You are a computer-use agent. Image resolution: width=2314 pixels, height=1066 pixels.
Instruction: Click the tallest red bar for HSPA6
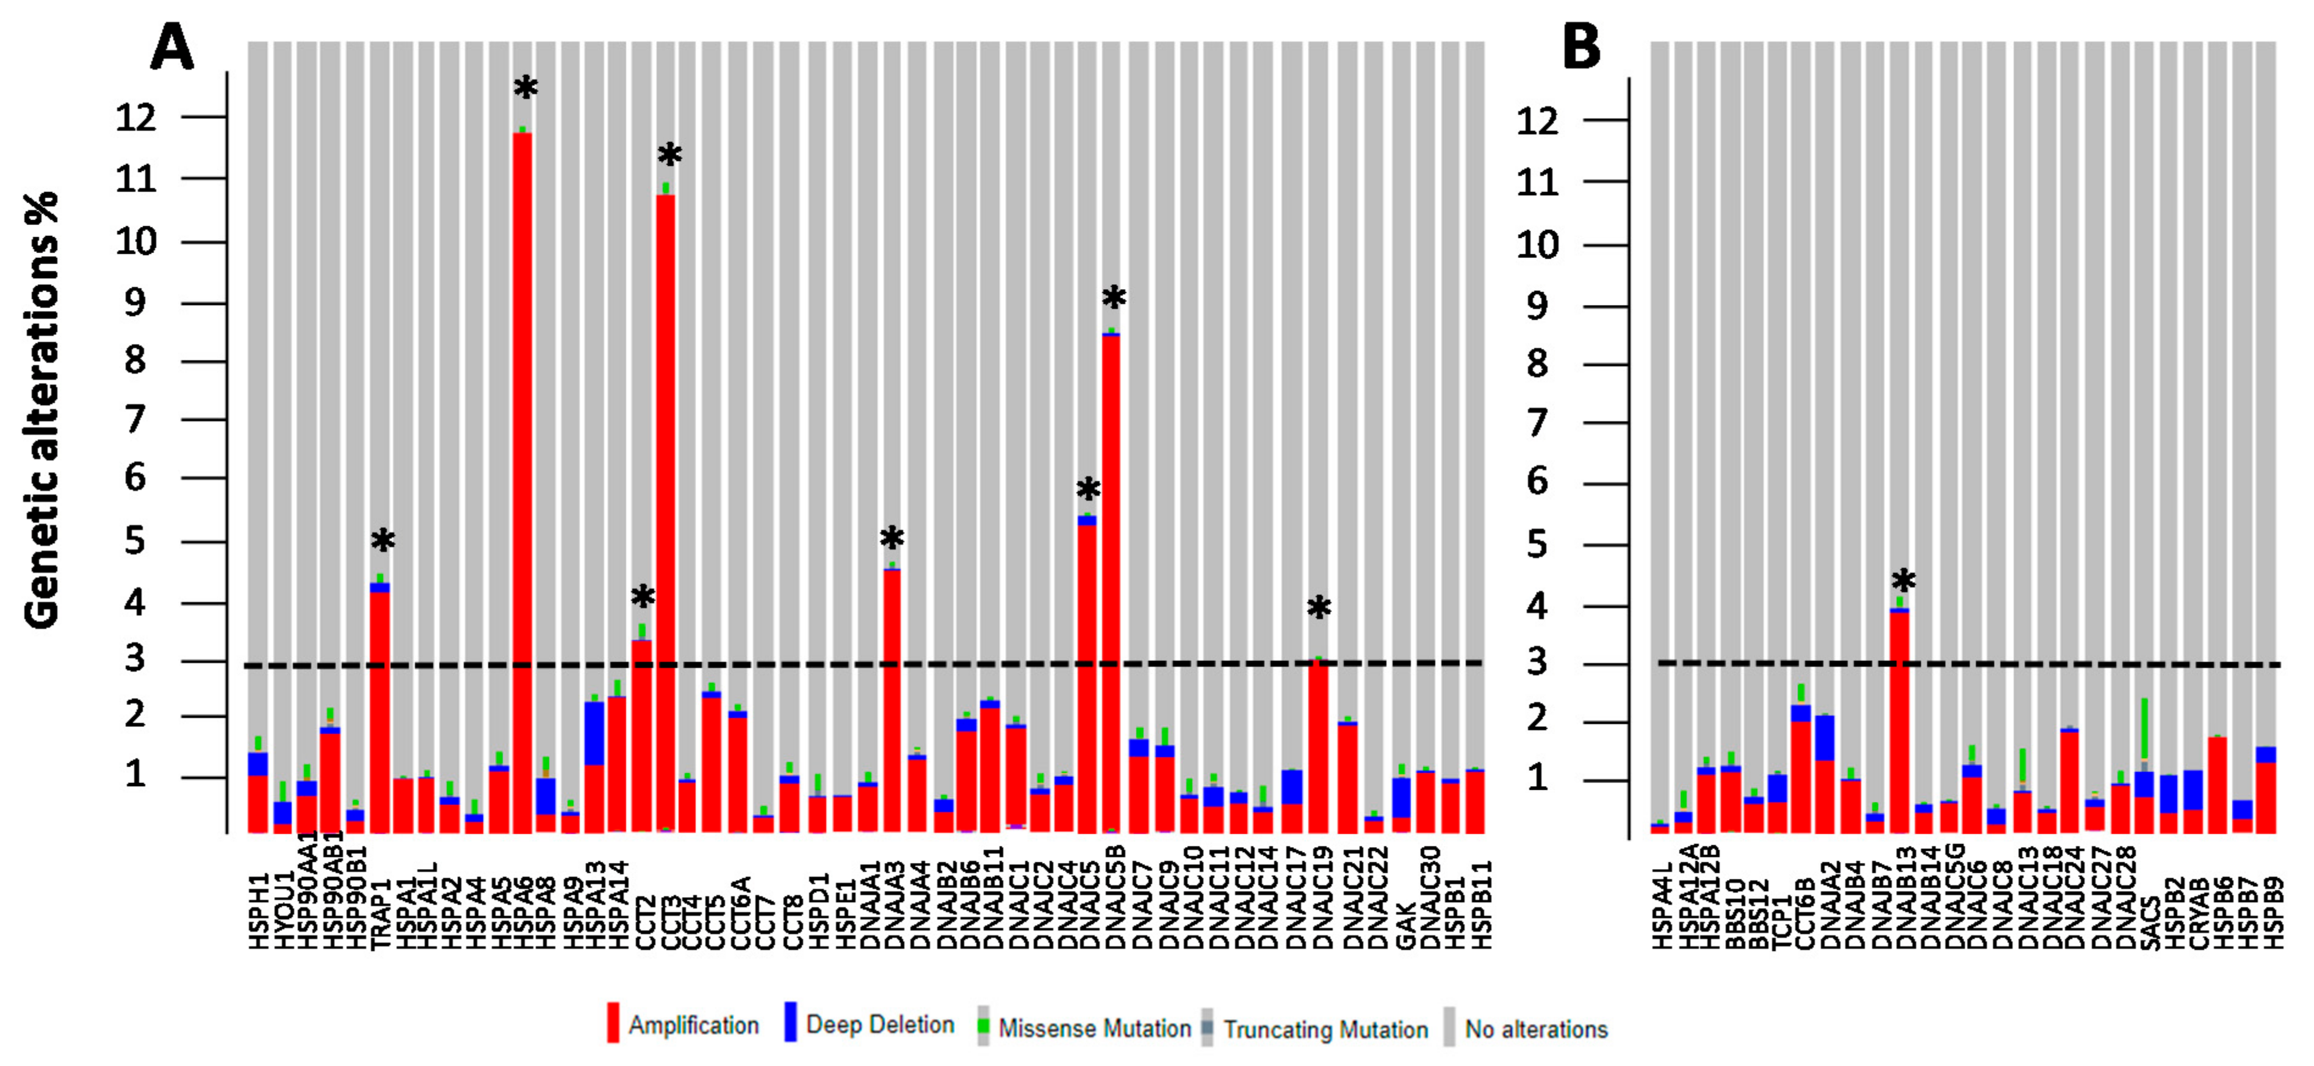point(522,485)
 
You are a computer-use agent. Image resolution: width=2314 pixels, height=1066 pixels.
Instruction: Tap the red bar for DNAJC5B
point(1111,584)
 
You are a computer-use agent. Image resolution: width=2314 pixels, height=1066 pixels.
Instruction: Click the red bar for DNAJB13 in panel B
point(1900,723)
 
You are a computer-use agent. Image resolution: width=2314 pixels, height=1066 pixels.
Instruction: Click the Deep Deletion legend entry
point(879,1025)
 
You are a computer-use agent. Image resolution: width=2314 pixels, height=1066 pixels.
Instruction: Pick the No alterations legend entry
point(1535,1029)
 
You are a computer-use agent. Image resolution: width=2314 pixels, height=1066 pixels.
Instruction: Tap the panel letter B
point(1582,47)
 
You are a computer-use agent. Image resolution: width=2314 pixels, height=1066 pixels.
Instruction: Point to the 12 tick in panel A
point(135,116)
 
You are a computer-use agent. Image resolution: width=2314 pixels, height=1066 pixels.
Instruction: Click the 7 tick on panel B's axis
point(1537,422)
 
